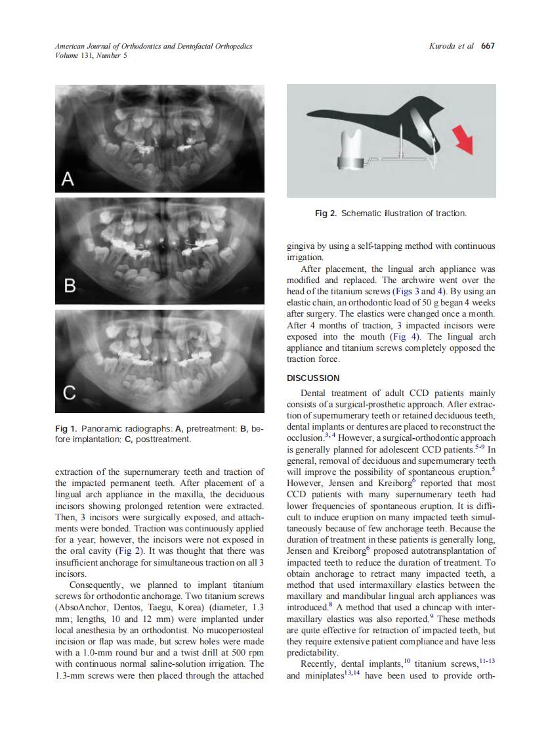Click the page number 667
[x=488, y=47]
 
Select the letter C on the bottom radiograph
[x=69, y=393]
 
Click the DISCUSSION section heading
[x=313, y=378]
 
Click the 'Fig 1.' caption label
[x=66, y=429]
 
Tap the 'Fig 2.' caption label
[x=326, y=213]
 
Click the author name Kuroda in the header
[x=443, y=47]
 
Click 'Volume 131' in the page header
[x=74, y=56]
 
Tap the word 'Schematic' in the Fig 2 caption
[x=360, y=213]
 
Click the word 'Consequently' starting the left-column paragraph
[x=96, y=585]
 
